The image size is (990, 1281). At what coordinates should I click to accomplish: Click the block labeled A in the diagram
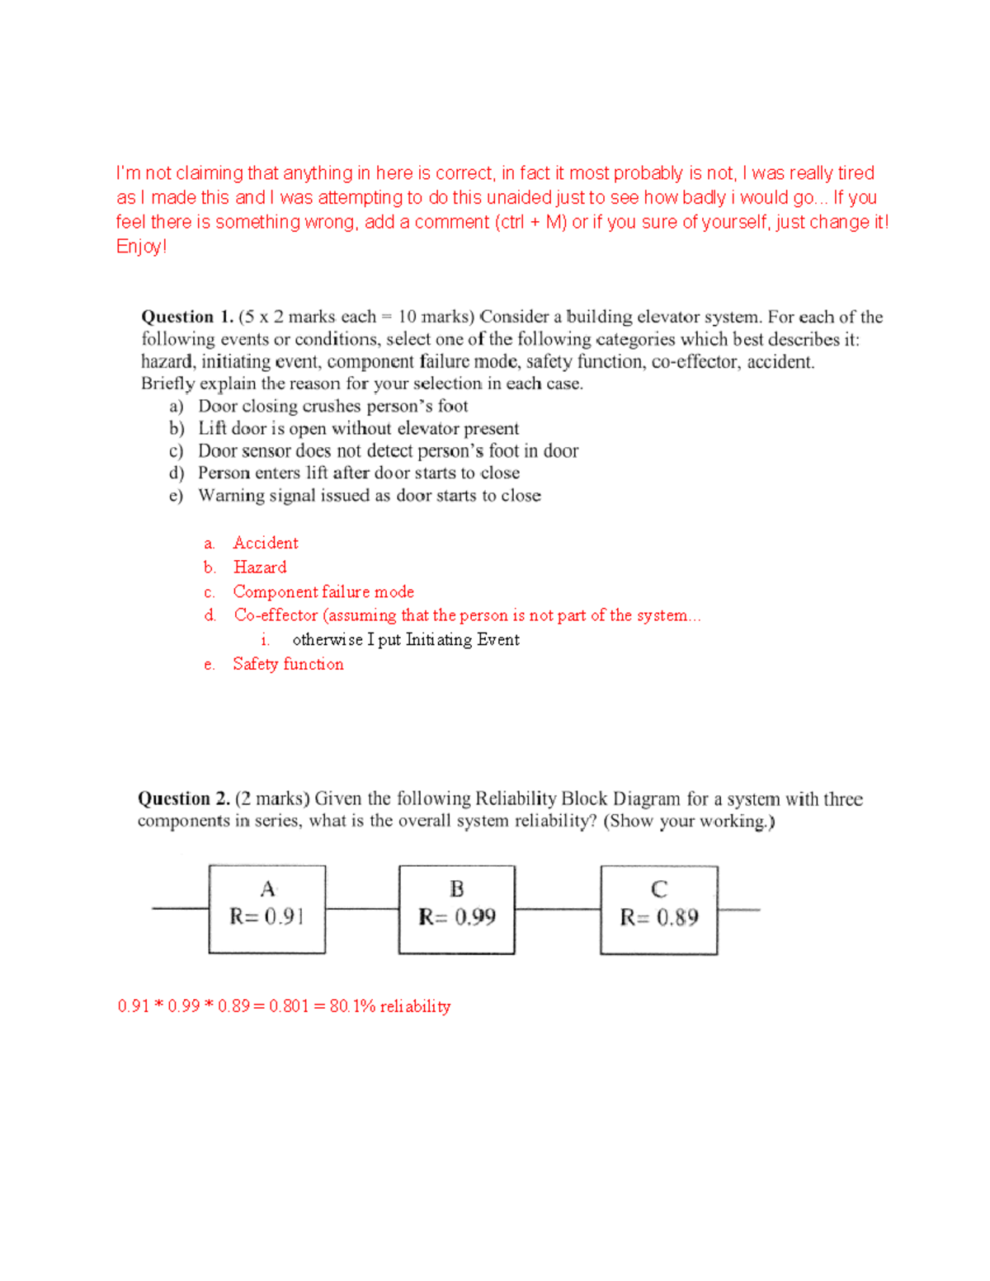266,909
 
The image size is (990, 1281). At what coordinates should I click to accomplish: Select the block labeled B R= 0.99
456,909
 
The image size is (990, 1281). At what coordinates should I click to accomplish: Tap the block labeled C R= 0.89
658,910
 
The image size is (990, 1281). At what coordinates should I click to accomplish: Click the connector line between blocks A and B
361,909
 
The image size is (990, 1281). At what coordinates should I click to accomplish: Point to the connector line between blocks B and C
557,909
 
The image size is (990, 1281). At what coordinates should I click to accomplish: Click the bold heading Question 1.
187,317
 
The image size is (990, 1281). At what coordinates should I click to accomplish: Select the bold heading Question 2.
183,798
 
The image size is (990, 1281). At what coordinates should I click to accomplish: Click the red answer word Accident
265,543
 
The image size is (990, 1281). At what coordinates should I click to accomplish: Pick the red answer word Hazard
260,568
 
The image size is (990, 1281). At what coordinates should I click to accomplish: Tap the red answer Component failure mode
323,591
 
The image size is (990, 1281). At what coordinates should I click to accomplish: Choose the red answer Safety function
288,664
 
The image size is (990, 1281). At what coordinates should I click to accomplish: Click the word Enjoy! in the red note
141,247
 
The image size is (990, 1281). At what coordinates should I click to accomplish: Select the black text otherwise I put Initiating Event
405,639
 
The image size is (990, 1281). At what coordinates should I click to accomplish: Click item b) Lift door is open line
358,428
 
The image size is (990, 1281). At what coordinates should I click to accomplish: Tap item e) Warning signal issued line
369,495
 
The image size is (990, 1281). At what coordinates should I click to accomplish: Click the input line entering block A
180,909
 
